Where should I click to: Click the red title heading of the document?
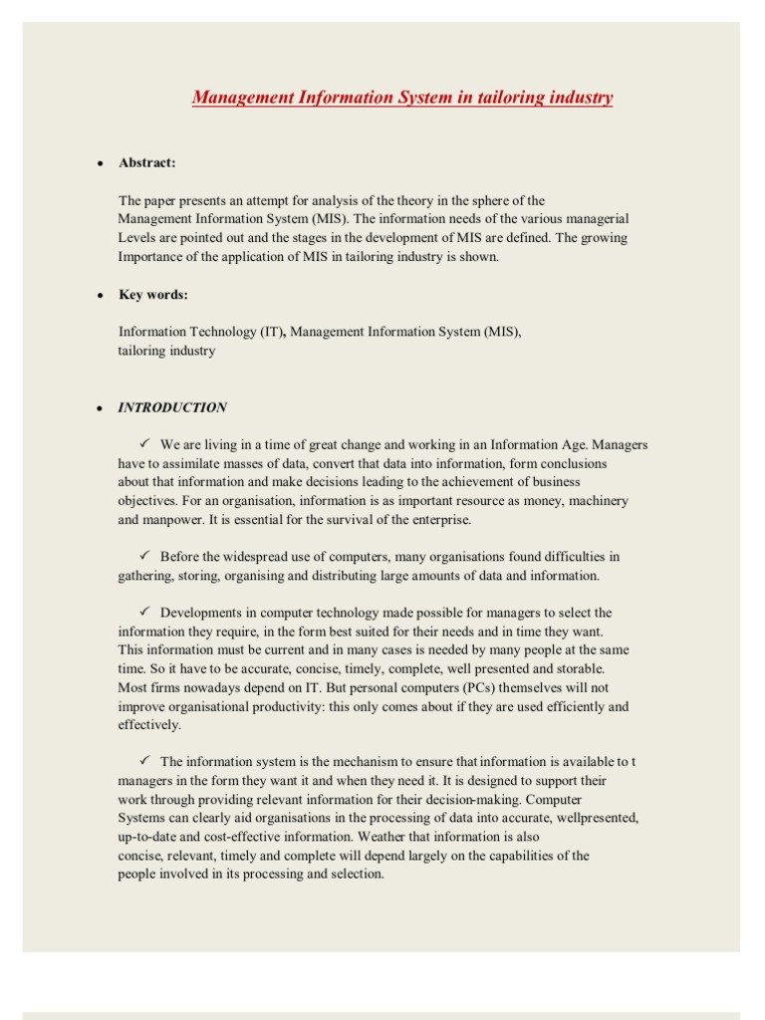(x=401, y=98)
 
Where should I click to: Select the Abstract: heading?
(x=147, y=162)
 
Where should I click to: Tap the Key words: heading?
(x=153, y=295)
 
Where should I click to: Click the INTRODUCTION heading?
(x=172, y=407)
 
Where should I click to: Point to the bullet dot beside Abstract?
(x=101, y=163)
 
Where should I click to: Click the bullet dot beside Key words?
(x=101, y=296)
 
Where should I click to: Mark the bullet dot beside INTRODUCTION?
(x=101, y=408)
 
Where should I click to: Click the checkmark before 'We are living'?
(x=143, y=444)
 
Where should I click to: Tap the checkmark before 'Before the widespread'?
(x=143, y=556)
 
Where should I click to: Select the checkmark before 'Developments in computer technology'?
(x=143, y=612)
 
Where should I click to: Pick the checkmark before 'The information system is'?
(x=143, y=761)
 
